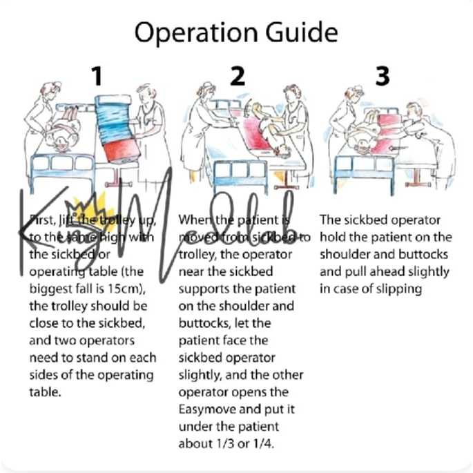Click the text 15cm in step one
pos(133,288)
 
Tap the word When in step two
pos(193,220)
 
